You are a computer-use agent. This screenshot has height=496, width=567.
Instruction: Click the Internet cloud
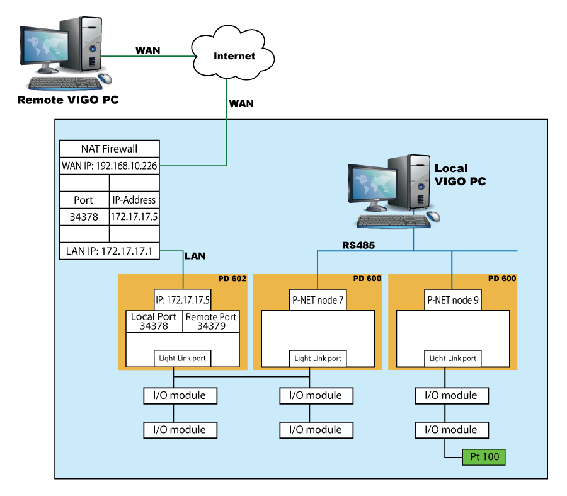tap(233, 54)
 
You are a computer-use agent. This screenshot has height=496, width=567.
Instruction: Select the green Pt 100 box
tap(484, 457)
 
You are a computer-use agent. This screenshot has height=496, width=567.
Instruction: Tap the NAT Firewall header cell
tap(109, 149)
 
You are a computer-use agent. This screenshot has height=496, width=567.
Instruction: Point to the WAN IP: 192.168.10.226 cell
tap(109, 166)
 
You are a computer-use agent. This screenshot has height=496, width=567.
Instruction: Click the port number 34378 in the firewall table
tap(84, 217)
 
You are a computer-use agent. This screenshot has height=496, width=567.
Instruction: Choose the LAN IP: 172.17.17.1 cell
tap(109, 251)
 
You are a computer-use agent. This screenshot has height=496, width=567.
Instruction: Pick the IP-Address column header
tap(134, 200)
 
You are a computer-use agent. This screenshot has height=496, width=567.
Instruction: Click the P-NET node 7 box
tap(318, 300)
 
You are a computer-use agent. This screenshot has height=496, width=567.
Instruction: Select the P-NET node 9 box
tap(453, 300)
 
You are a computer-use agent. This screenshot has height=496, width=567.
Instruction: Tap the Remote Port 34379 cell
tap(211, 321)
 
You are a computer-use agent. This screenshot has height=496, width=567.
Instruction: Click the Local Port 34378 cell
tap(154, 321)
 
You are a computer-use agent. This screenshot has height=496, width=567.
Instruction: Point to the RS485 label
tap(358, 245)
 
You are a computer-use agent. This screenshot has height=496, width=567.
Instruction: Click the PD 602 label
tap(232, 279)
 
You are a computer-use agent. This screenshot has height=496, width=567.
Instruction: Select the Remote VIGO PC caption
tap(68, 100)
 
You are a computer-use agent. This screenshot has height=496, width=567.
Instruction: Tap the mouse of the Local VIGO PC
tap(433, 216)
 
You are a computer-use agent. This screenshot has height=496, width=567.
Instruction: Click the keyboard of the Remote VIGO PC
tap(66, 83)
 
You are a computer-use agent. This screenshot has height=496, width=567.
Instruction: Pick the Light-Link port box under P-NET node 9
tap(453, 359)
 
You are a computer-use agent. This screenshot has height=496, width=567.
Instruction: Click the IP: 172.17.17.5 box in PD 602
tap(183, 300)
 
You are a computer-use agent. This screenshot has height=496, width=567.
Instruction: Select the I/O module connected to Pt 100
tap(452, 430)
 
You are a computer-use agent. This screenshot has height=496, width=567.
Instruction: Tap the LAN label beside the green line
tap(195, 256)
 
